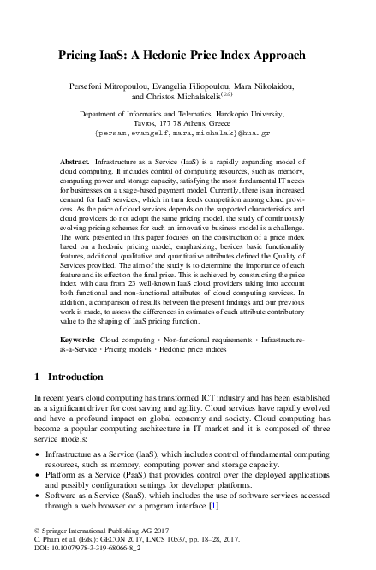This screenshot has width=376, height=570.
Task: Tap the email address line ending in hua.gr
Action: (x=188, y=134)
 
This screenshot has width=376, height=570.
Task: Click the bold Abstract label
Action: (x=75, y=161)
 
